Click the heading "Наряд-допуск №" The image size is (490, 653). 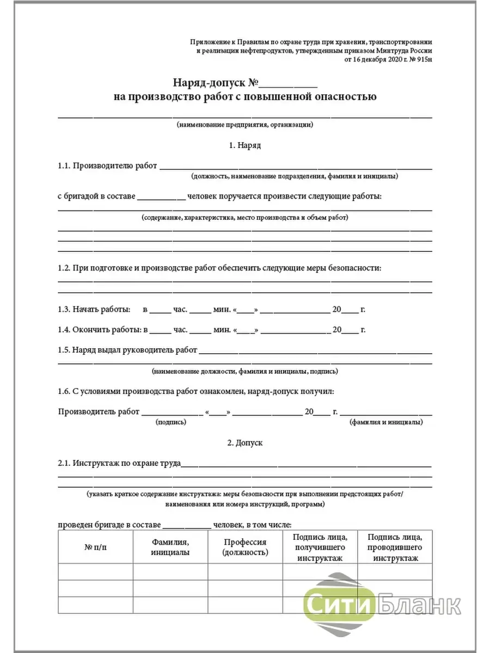pos(215,83)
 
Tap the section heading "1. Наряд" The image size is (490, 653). pos(245,146)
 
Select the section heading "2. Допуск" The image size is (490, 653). pos(245,443)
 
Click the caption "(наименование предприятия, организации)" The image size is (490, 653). pos(244,125)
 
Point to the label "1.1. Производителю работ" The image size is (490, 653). pos(107,166)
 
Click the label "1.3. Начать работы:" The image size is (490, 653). pos(94,310)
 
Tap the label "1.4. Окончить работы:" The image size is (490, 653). pos(99,330)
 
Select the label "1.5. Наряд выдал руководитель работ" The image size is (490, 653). pos(127,350)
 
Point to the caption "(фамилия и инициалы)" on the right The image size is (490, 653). pos(385,422)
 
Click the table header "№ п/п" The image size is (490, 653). pos(96,547)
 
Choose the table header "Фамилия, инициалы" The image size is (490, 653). pos(170,547)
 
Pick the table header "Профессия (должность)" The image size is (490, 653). pos(245,547)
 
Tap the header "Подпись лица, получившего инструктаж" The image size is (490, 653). pos(320,547)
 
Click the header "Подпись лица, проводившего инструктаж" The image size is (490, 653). pos(395,547)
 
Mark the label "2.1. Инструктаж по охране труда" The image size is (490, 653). pos(119,464)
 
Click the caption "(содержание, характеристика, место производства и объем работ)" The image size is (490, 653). pos(244,218)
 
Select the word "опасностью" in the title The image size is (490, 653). pos(342,97)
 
